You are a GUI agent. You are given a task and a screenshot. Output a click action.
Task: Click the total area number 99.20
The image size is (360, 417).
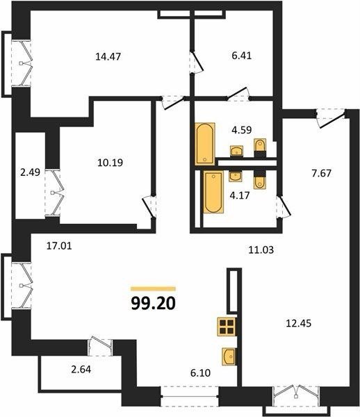click(154, 304)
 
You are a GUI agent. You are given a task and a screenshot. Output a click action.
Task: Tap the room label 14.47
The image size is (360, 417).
click(108, 57)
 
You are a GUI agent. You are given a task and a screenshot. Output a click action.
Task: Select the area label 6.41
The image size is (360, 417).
click(242, 56)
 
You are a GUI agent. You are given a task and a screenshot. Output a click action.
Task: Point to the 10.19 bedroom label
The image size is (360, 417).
click(110, 163)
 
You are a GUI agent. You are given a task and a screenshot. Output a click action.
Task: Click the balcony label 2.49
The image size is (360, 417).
click(31, 172)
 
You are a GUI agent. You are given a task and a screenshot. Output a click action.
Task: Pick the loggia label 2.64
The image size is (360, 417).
click(81, 370)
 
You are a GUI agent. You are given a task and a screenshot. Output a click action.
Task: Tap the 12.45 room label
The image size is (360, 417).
click(299, 323)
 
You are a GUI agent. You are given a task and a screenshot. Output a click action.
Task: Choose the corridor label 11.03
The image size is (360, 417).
click(261, 250)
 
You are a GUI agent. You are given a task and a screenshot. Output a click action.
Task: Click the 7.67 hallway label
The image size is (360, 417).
click(322, 173)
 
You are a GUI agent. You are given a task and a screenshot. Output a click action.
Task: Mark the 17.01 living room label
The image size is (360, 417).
click(59, 246)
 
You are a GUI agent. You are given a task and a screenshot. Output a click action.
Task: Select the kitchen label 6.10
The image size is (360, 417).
click(200, 373)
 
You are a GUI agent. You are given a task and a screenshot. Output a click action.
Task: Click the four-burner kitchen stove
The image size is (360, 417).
click(227, 327)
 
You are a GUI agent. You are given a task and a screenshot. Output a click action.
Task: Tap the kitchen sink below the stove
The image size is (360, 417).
click(229, 357)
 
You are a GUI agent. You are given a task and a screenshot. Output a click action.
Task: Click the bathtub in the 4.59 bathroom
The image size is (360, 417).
click(205, 144)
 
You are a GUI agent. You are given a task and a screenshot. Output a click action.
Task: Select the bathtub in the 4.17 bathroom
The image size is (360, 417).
click(213, 192)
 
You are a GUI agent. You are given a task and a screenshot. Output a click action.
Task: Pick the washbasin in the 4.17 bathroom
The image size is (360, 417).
click(236, 176)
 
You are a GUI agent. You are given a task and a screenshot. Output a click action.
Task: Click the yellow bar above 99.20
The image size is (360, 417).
click(154, 289)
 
